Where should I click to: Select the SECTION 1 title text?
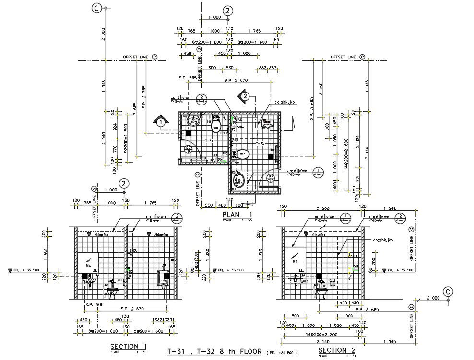128,347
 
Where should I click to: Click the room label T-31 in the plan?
208,141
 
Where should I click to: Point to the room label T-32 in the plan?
260,143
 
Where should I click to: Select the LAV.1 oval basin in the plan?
239,181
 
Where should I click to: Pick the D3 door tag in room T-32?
271,177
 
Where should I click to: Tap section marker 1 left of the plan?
161,122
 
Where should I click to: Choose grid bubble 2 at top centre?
228,11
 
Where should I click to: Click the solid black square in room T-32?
271,156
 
